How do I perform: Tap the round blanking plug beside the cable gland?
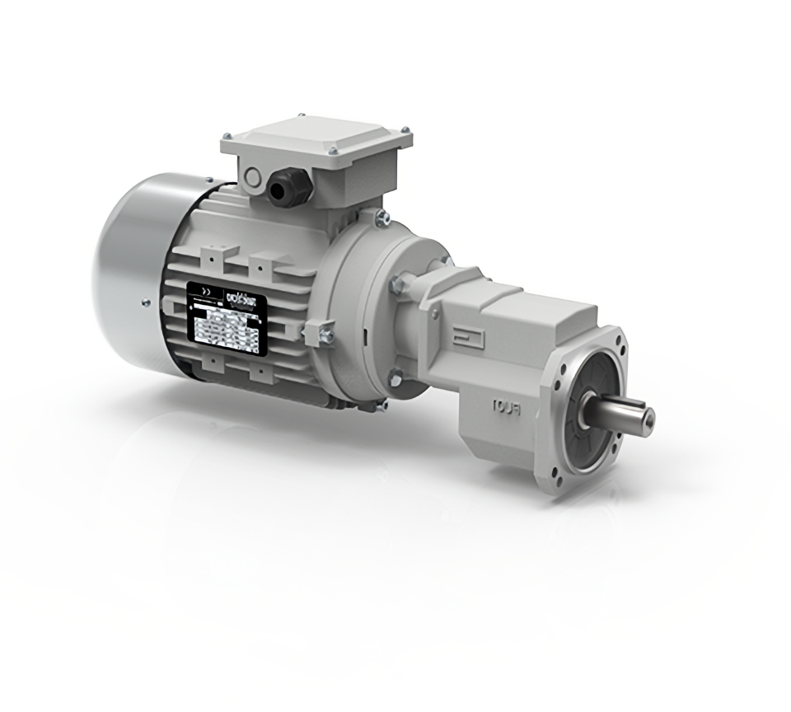coord(252,179)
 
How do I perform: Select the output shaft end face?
coord(648,418)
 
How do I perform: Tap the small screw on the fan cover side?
coord(146,303)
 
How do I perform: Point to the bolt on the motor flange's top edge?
coord(381,218)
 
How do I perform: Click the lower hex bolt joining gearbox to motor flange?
coord(395,378)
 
